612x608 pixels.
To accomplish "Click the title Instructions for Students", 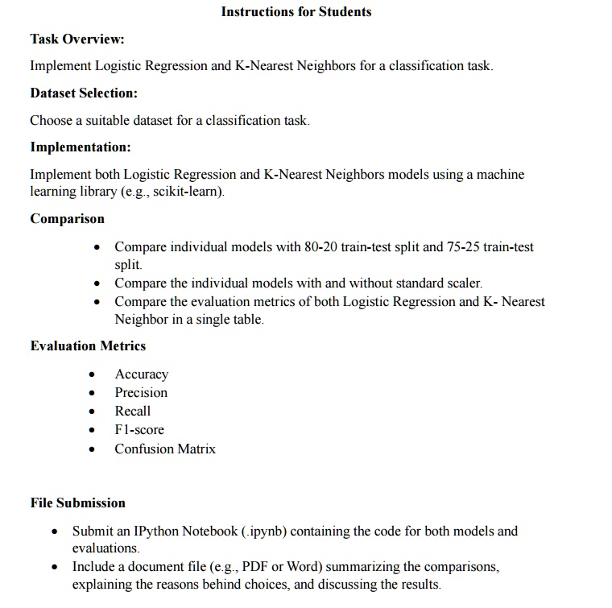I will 296,11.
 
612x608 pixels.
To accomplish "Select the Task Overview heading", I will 77,39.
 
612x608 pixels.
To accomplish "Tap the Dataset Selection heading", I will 84,93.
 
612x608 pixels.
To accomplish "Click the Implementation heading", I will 80,147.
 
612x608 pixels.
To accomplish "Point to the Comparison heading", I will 67,218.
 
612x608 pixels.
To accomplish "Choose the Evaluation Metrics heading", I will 88,345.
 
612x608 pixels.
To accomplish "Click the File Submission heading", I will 77,503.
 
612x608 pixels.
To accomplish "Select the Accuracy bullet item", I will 141,374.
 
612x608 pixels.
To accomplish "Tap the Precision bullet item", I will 141,392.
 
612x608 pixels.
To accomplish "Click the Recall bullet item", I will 132,411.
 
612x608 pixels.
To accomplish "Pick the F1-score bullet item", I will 139,429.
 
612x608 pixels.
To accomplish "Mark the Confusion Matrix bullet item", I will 165,449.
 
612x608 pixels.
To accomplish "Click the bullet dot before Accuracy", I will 96,374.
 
